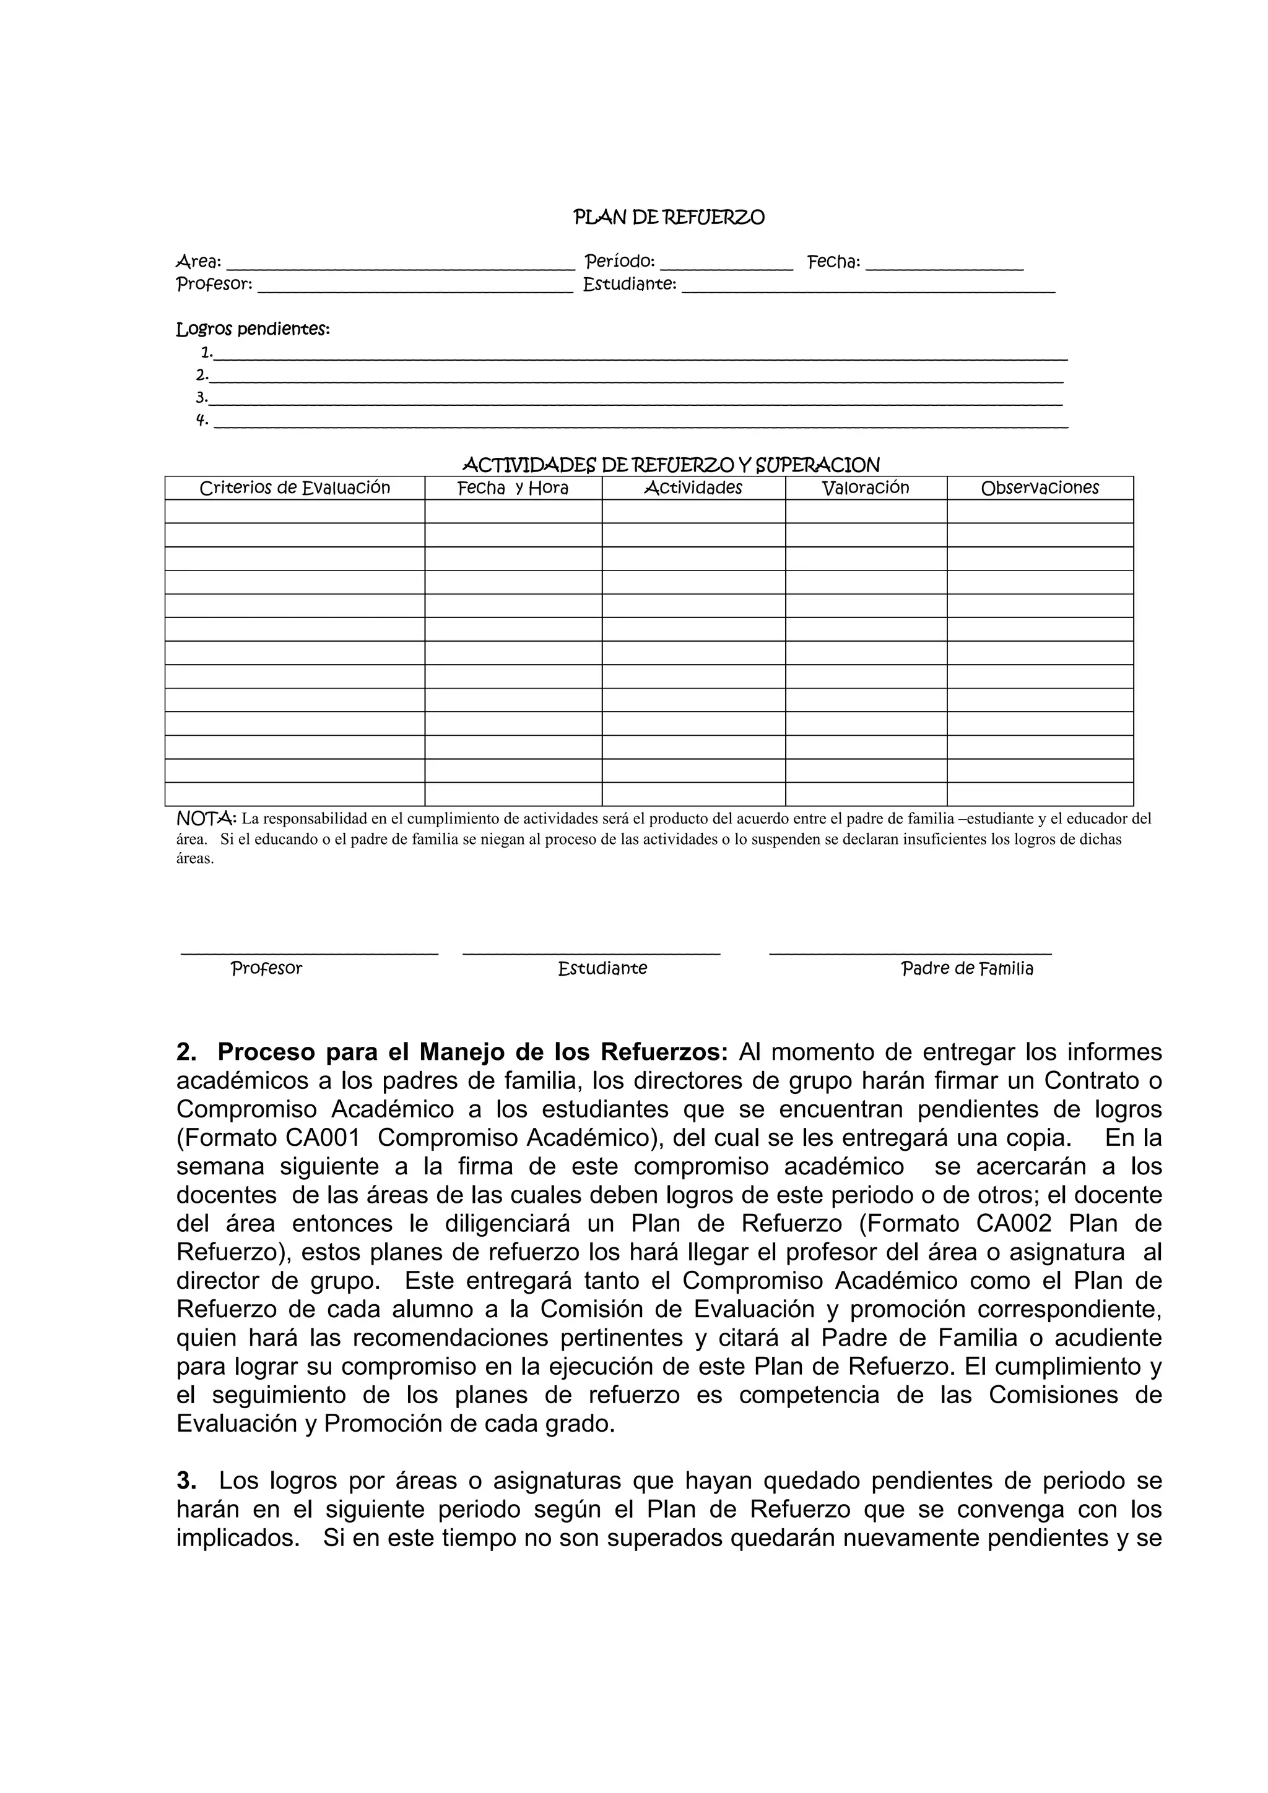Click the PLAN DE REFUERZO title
669,217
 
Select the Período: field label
620,262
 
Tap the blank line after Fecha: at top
945,265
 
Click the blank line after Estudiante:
868,288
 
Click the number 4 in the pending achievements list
201,420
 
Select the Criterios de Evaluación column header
295,488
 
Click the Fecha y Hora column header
513,488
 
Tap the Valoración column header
866,488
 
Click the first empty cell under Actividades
693,512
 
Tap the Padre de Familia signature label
967,969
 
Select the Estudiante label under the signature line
602,969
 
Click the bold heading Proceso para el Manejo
472,1052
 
